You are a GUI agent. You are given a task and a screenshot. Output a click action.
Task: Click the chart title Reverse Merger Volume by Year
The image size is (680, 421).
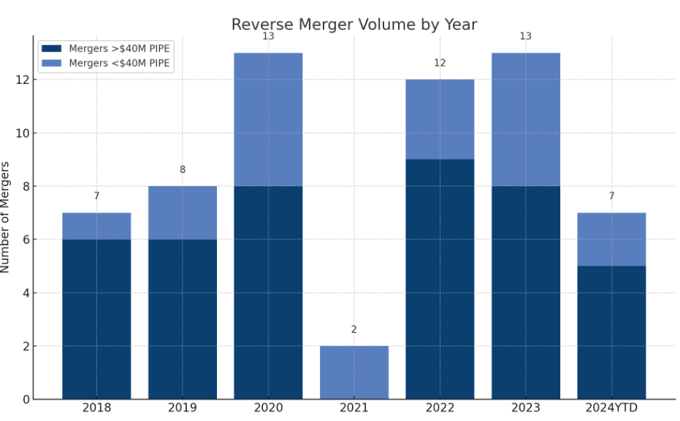click(x=354, y=25)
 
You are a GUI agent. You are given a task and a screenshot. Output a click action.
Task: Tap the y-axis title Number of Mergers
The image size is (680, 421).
click(x=6, y=217)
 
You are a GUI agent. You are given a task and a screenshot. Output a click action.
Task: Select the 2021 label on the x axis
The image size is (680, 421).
click(x=354, y=408)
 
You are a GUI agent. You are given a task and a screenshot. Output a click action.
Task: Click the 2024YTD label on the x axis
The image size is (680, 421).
click(x=611, y=408)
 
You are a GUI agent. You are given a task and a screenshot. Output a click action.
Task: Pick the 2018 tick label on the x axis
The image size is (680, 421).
click(x=96, y=408)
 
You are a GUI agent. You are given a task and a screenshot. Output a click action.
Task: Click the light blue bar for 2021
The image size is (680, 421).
click(x=354, y=372)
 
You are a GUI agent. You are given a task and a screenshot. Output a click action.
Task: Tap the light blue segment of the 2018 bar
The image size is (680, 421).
click(x=96, y=226)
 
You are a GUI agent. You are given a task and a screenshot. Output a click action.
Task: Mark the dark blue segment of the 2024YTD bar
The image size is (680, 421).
click(x=611, y=332)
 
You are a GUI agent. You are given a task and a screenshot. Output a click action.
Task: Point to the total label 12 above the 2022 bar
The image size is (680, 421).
click(x=440, y=63)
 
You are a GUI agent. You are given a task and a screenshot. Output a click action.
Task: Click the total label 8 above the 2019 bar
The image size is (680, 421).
click(x=183, y=170)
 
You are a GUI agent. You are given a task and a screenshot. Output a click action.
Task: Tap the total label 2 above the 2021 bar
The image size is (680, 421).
click(x=354, y=330)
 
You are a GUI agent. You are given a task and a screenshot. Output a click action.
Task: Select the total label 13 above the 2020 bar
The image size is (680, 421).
click(x=268, y=36)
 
